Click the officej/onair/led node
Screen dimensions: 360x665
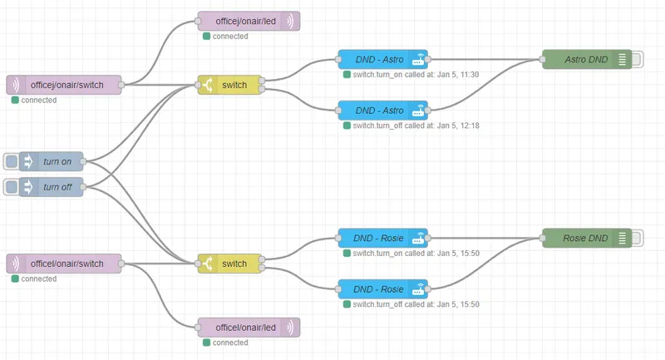coord(249,22)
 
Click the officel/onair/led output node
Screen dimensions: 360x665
coord(249,328)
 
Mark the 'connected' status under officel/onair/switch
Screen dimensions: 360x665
coord(38,279)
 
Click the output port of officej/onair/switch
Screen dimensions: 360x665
coord(121,85)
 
